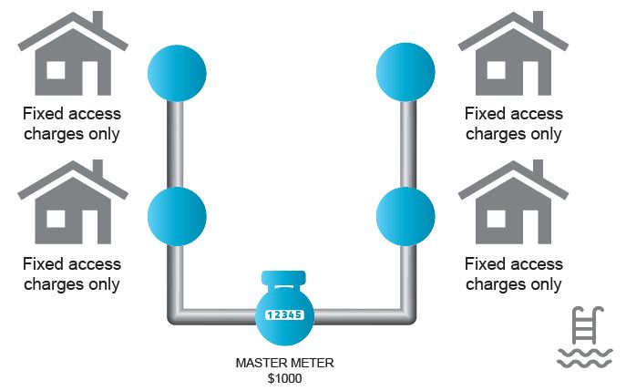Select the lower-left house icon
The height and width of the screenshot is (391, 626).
72,209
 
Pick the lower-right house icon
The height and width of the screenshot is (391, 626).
513,209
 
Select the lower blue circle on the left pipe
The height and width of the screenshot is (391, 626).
177,214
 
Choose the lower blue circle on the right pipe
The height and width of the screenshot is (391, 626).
406,214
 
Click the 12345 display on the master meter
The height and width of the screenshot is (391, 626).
285,314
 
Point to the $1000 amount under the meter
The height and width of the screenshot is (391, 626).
285,377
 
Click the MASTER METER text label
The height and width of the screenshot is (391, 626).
285,363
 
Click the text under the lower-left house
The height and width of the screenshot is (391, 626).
72,273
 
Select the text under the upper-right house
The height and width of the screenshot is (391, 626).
513,124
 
